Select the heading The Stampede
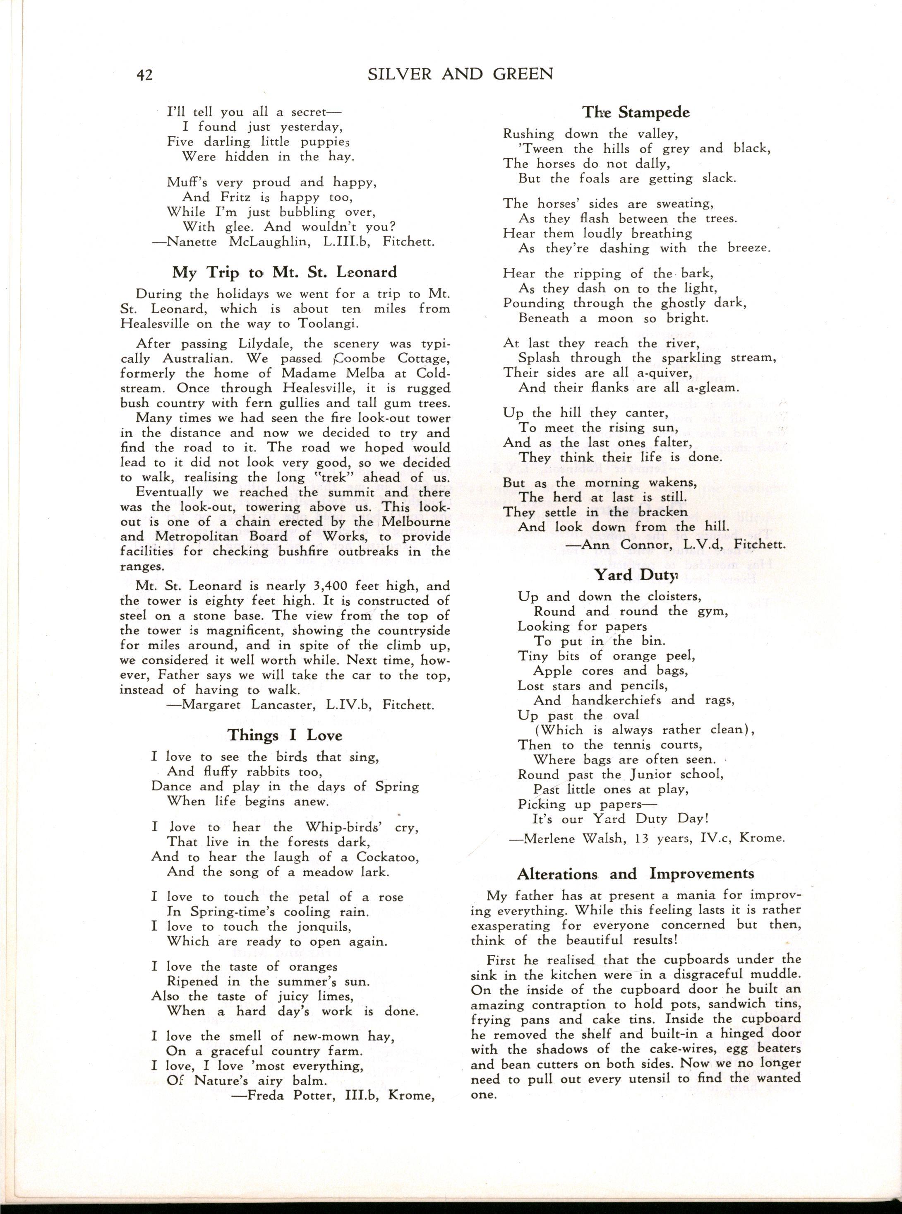[x=636, y=113]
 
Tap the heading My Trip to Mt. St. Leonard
[x=285, y=272]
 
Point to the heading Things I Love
[x=285, y=735]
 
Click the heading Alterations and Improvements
[x=636, y=874]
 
